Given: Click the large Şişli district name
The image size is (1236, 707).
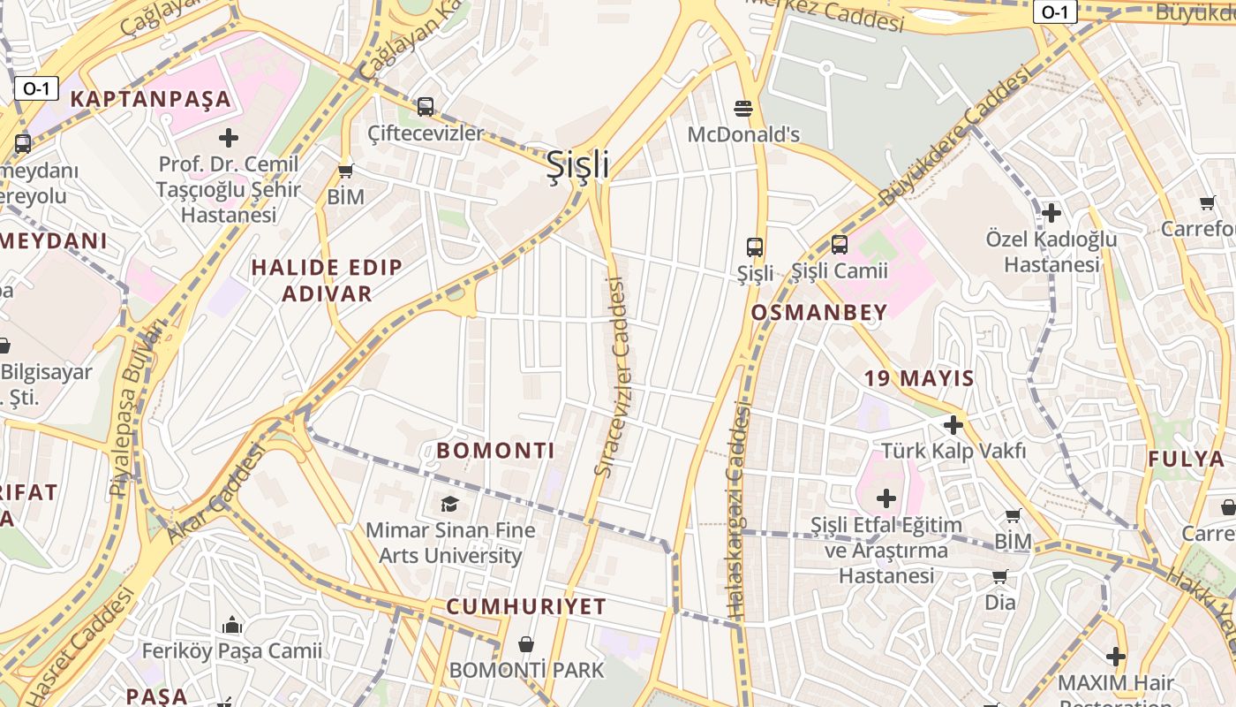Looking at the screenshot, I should pyautogui.click(x=578, y=164).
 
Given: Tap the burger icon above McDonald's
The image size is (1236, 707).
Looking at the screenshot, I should pyautogui.click(x=743, y=109).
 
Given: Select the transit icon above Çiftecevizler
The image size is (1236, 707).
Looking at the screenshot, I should pyautogui.click(x=426, y=107).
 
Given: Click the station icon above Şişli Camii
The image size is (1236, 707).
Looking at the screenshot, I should pyautogui.click(x=839, y=245).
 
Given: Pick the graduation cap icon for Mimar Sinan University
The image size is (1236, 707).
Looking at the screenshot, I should pyautogui.click(x=450, y=504).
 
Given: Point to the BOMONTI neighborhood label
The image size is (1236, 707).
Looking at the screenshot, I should pyautogui.click(x=495, y=451).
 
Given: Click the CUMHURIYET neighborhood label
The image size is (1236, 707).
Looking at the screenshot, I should pyautogui.click(x=526, y=606).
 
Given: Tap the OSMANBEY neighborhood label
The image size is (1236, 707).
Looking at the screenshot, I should pyautogui.click(x=818, y=312).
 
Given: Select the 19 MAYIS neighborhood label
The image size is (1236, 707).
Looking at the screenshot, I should pyautogui.click(x=919, y=379).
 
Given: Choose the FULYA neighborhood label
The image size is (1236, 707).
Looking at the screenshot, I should pyautogui.click(x=1185, y=459).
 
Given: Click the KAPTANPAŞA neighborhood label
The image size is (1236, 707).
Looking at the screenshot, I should pyautogui.click(x=150, y=99).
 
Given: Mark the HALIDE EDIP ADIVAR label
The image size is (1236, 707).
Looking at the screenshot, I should pyautogui.click(x=326, y=280).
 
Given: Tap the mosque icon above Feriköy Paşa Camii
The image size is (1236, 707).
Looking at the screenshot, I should pyautogui.click(x=232, y=626).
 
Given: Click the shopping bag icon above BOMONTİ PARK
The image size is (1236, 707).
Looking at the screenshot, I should pyautogui.click(x=526, y=644).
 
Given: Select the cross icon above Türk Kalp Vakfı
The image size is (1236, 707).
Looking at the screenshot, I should pyautogui.click(x=953, y=425).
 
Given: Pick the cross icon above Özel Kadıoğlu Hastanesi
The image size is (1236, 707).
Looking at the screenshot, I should pyautogui.click(x=1051, y=213).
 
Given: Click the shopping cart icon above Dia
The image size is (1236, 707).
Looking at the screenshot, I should pyautogui.click(x=999, y=577).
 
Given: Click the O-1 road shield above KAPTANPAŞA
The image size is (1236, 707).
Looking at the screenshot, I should pyautogui.click(x=36, y=87).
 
